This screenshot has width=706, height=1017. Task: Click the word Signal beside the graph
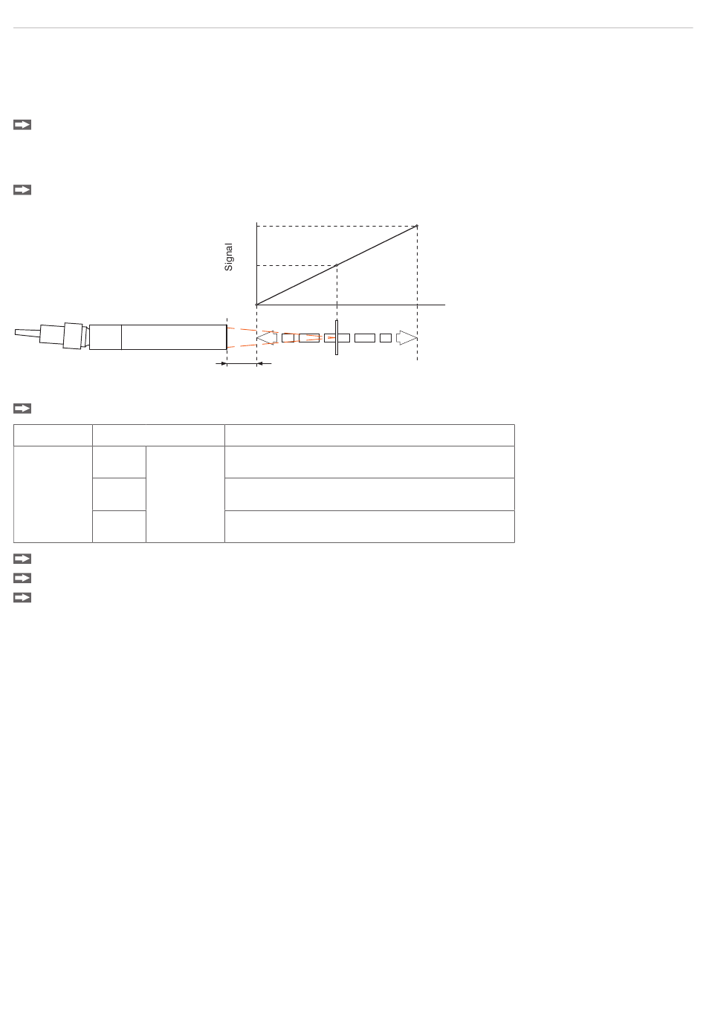(x=228, y=257)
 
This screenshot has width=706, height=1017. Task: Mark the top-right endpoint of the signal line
(x=417, y=226)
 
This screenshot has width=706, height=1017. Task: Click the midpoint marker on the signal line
(x=337, y=265)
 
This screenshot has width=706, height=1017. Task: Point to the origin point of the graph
(x=256, y=305)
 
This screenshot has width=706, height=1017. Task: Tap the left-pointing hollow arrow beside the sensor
(x=267, y=338)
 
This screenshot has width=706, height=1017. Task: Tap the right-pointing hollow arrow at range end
(x=407, y=338)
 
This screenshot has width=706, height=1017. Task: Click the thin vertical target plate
(x=337, y=337)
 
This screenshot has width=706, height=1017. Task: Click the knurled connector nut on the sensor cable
(x=73, y=336)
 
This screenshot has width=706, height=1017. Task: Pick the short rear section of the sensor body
(x=106, y=337)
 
